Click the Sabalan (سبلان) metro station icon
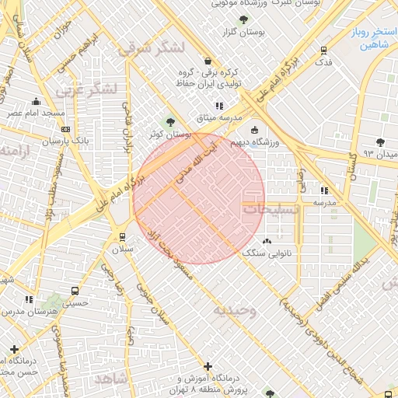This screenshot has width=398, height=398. [122, 236]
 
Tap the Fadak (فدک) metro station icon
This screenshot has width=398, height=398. [324, 51]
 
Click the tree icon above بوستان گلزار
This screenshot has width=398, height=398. [245, 19]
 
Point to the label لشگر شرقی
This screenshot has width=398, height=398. [152, 48]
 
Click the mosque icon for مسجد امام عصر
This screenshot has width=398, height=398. [36, 101]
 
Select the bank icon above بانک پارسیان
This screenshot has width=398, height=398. [65, 129]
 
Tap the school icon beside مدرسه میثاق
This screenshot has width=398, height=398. [219, 105]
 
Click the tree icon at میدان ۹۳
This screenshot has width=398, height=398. [379, 141]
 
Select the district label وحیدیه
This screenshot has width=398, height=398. [235, 310]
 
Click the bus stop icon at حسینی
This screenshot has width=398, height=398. [75, 291]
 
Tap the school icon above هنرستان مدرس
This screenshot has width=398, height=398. [29, 299]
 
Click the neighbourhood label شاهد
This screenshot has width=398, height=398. [110, 378]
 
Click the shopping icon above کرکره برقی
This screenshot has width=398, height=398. [207, 61]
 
